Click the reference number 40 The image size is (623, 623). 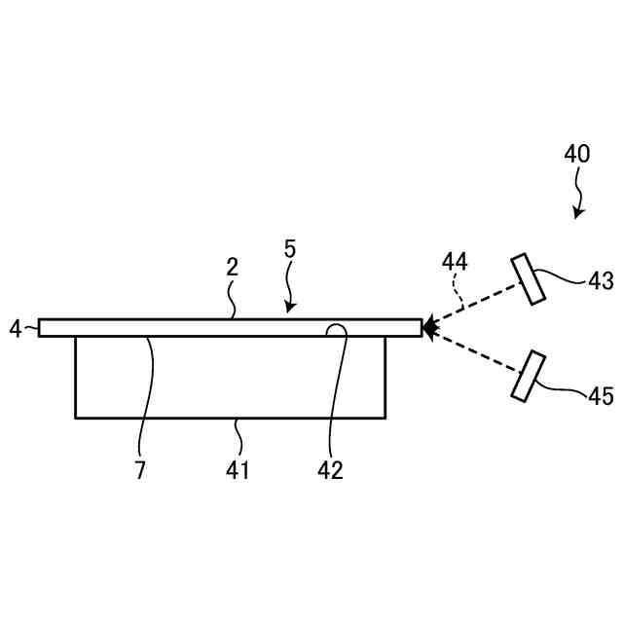pyautogui.click(x=576, y=154)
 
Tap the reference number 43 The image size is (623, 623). pyautogui.click(x=601, y=281)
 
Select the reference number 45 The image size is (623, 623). pyautogui.click(x=601, y=396)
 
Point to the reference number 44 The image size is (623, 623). pyautogui.click(x=455, y=262)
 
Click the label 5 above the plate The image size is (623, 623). pyautogui.click(x=290, y=248)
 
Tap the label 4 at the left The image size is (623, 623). pyautogui.click(x=15, y=329)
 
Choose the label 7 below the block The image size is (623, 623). pyautogui.click(x=140, y=470)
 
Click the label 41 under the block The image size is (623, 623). pyautogui.click(x=238, y=470)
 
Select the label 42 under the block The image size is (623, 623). pyautogui.click(x=331, y=470)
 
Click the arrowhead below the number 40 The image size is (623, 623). pyautogui.click(x=577, y=213)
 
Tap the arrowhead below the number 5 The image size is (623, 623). pyautogui.click(x=289, y=309)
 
